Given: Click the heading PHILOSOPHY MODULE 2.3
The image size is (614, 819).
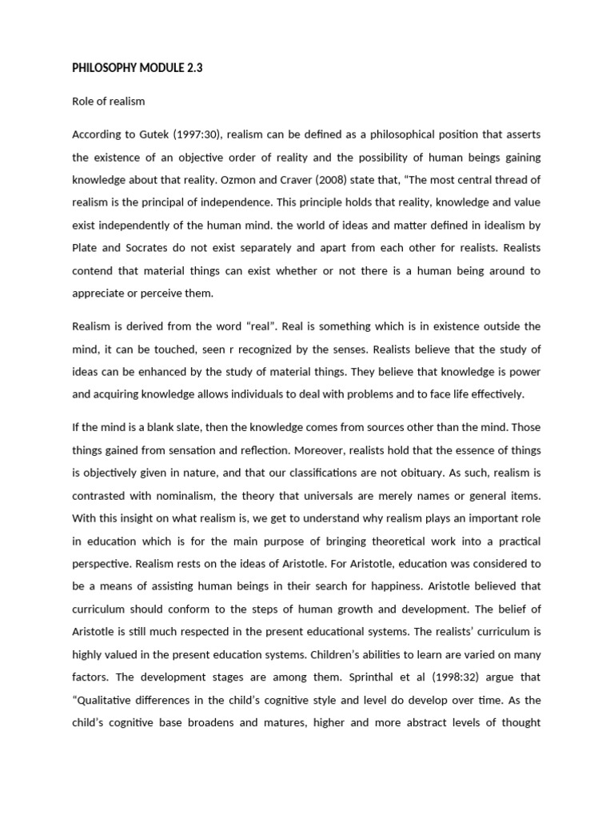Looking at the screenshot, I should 138,68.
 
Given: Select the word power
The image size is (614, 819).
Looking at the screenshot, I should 524,371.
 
